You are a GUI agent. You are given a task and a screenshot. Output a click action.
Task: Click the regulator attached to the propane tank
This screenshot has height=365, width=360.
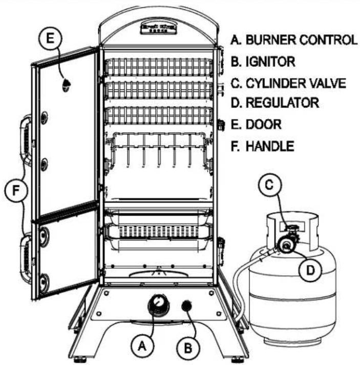pos(285,246)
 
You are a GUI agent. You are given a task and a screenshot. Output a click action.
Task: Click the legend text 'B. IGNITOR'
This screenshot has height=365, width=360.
pos(262,62)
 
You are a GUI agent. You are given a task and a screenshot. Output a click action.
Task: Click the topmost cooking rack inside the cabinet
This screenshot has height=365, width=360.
pos(158,67)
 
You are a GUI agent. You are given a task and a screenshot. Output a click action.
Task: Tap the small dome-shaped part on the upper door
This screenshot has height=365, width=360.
pos(67,85)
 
